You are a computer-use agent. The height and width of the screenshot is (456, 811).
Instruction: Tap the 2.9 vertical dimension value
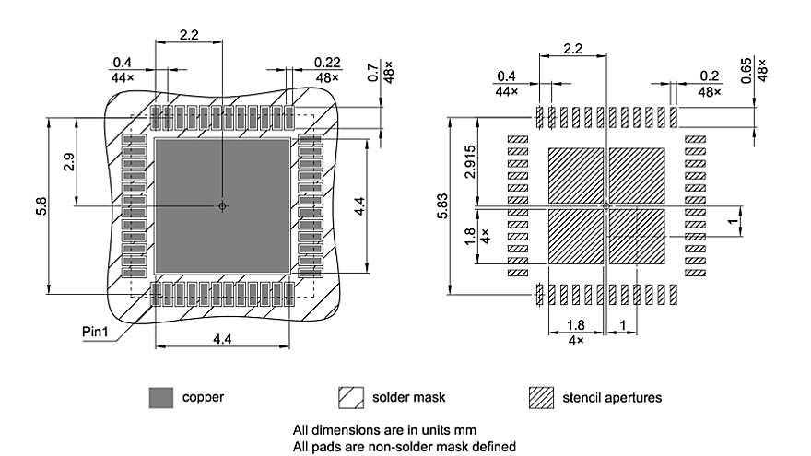(70, 164)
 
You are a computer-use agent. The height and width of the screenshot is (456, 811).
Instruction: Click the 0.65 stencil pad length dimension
(747, 71)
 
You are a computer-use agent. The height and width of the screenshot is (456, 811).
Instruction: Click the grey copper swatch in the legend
(160, 398)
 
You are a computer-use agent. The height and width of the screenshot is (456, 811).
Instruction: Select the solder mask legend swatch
(350, 398)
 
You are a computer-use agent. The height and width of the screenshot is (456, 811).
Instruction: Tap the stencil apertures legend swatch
(541, 398)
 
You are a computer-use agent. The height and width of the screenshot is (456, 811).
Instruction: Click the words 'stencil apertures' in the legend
(611, 398)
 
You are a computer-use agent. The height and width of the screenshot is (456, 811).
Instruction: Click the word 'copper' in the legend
(203, 398)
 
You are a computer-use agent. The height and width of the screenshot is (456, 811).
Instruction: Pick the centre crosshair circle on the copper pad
(221, 205)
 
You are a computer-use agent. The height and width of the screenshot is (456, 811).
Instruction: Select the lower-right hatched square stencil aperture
(637, 236)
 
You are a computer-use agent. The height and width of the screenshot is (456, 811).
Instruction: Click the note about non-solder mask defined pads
(404, 446)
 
